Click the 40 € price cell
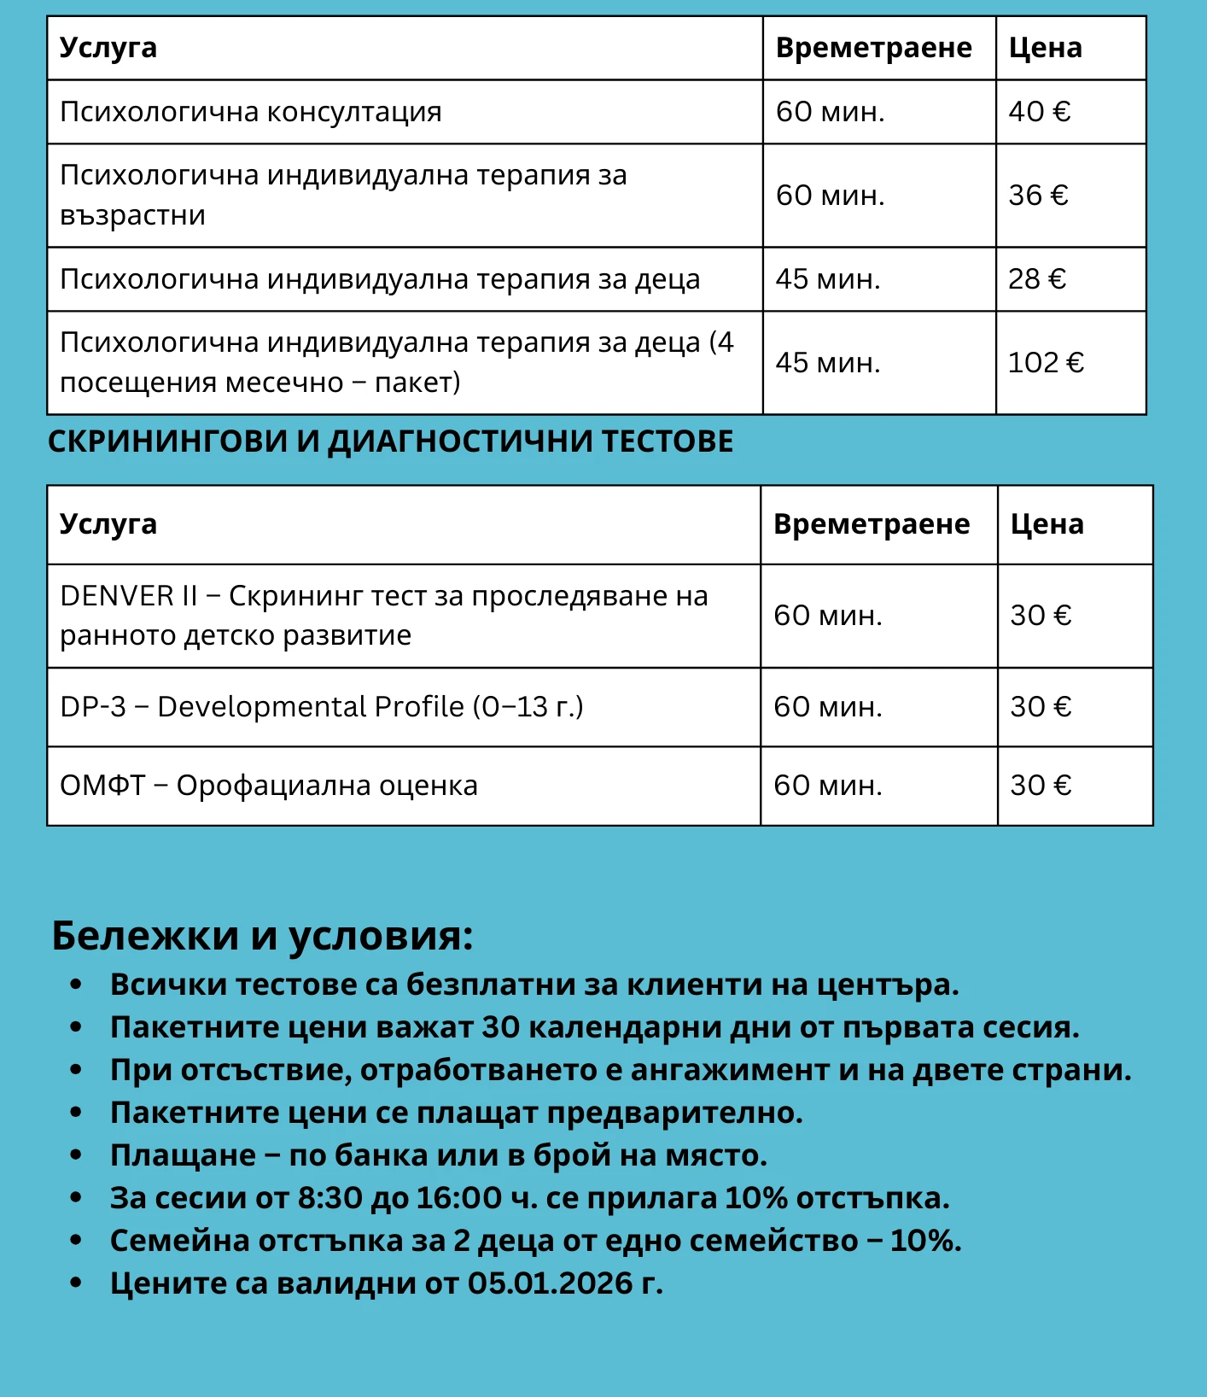(x=1039, y=112)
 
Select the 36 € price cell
(x=1038, y=196)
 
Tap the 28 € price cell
(x=1037, y=279)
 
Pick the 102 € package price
(x=1046, y=363)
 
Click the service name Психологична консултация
(x=250, y=112)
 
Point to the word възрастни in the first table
(x=132, y=215)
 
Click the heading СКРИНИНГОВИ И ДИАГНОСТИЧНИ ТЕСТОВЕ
(x=390, y=441)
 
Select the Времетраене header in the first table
(x=873, y=48)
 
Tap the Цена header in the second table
(x=1047, y=524)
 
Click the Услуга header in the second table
(x=108, y=524)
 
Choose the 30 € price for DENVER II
(x=1041, y=616)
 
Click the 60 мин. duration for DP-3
(x=827, y=707)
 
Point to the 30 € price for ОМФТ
(x=1041, y=786)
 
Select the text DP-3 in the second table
(x=92, y=707)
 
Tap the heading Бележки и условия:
(x=262, y=936)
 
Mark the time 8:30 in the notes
(x=329, y=1198)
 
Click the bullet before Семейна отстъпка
(x=76, y=1240)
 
